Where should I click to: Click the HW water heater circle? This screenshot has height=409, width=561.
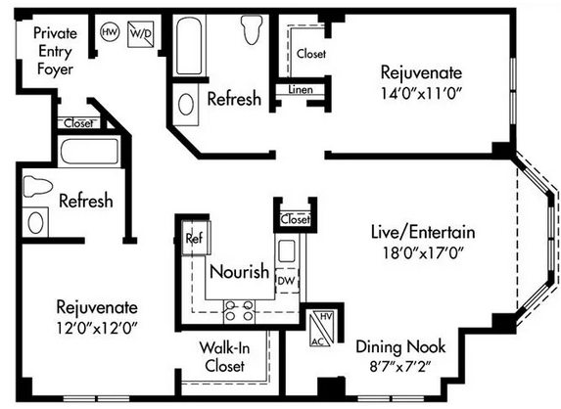pyautogui.click(x=110, y=32)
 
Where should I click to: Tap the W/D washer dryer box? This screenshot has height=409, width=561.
pyautogui.click(x=141, y=34)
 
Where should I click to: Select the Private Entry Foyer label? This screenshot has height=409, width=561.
pyautogui.click(x=55, y=51)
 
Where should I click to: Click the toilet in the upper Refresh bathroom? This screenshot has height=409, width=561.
pyautogui.click(x=253, y=29)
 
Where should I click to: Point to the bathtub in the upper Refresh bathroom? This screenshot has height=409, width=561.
pyautogui.click(x=189, y=45)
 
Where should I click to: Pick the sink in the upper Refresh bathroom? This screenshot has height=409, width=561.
pyautogui.click(x=186, y=105)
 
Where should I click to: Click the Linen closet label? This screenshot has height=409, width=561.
pyautogui.click(x=301, y=89)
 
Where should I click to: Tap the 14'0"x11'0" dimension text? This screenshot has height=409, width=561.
pyautogui.click(x=421, y=94)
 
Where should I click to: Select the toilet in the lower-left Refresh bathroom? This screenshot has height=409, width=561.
pyautogui.click(x=37, y=186)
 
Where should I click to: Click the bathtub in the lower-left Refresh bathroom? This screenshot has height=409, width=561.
pyautogui.click(x=89, y=152)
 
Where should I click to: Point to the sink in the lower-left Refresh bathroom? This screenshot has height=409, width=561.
pyautogui.click(x=35, y=222)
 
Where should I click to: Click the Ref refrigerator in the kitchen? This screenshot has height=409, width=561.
pyautogui.click(x=196, y=238)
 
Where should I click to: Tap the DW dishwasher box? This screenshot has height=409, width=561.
pyautogui.click(x=287, y=281)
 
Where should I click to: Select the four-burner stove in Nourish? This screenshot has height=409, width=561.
pyautogui.click(x=239, y=311)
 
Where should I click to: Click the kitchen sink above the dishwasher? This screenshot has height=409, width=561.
pyautogui.click(x=286, y=250)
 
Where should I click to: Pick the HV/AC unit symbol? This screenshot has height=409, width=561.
pyautogui.click(x=322, y=329)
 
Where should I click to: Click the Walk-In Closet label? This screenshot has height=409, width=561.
pyautogui.click(x=224, y=356)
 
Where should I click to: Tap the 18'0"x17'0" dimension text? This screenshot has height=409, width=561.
pyautogui.click(x=423, y=253)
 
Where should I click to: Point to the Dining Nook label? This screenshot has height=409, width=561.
pyautogui.click(x=400, y=346)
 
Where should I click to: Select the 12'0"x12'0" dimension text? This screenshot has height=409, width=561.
pyautogui.click(x=97, y=327)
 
